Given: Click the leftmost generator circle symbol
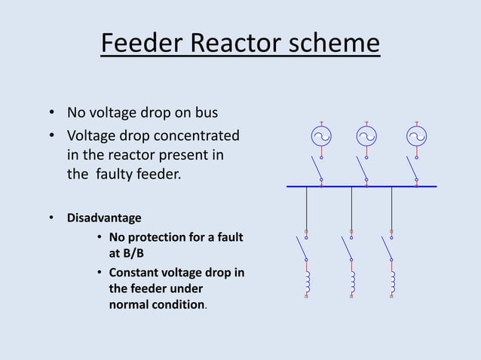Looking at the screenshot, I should (x=322, y=136).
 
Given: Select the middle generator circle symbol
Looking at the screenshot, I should (x=366, y=136).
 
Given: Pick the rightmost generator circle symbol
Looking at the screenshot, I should (x=416, y=136).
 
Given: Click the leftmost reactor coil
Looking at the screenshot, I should (x=307, y=282).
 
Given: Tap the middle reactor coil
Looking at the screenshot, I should (x=351, y=282).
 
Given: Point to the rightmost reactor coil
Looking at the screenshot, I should (x=392, y=282).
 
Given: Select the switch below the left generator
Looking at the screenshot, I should (x=317, y=169).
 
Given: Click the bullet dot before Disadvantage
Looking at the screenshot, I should (x=52, y=218).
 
